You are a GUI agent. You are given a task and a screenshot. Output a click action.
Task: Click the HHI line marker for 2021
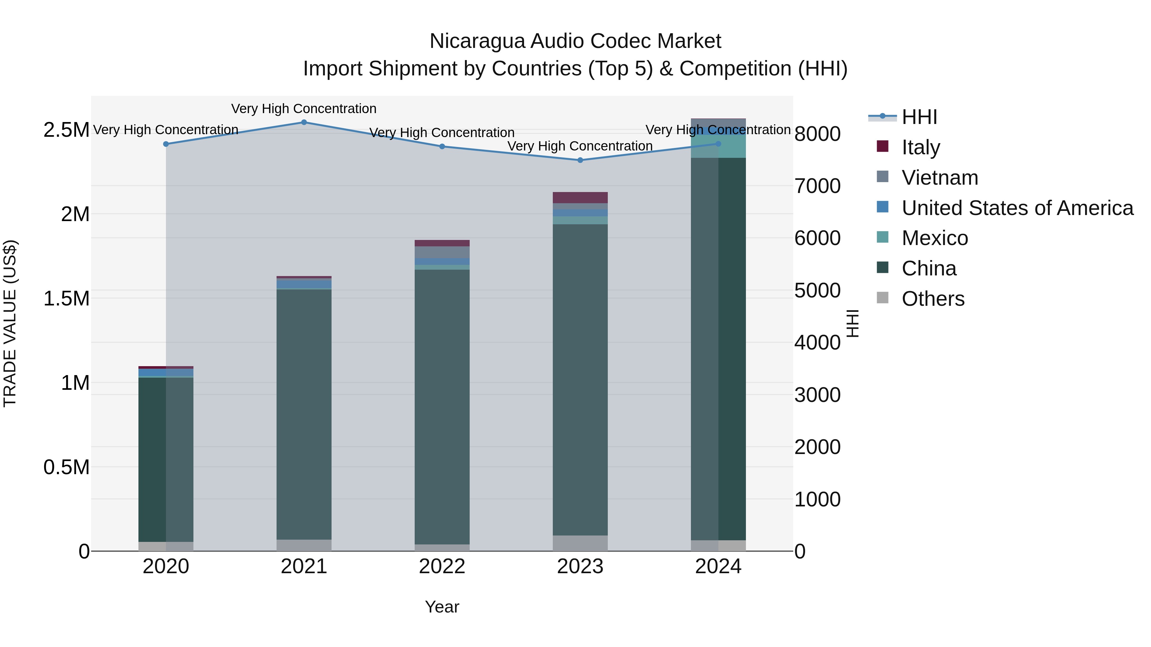(x=304, y=122)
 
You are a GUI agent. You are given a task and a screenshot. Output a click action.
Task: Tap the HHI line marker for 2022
(x=442, y=146)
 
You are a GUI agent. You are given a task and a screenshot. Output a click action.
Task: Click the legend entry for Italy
(x=920, y=147)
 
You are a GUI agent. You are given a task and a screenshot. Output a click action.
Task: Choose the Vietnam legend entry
(x=940, y=177)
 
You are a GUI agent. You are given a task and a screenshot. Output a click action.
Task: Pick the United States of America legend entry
(x=1017, y=208)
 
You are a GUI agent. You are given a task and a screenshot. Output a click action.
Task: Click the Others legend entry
(x=933, y=299)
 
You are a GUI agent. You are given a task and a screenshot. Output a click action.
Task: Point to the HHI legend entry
(x=919, y=117)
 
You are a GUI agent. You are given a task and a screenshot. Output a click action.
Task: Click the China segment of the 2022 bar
(x=442, y=406)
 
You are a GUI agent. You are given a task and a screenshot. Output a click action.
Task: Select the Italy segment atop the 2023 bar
(x=580, y=197)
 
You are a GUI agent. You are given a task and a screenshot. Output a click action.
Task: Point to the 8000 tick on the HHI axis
(x=817, y=134)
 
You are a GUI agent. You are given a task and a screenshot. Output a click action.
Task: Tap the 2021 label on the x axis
(x=304, y=566)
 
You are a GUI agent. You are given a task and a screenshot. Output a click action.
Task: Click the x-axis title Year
(x=442, y=607)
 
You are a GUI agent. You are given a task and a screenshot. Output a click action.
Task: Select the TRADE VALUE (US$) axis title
(x=10, y=323)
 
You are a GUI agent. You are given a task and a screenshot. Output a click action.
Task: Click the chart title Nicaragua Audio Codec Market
(x=575, y=41)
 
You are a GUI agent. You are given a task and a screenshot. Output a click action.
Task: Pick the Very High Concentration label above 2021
(x=304, y=109)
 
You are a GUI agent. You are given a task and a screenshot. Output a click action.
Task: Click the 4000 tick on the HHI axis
(x=817, y=343)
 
